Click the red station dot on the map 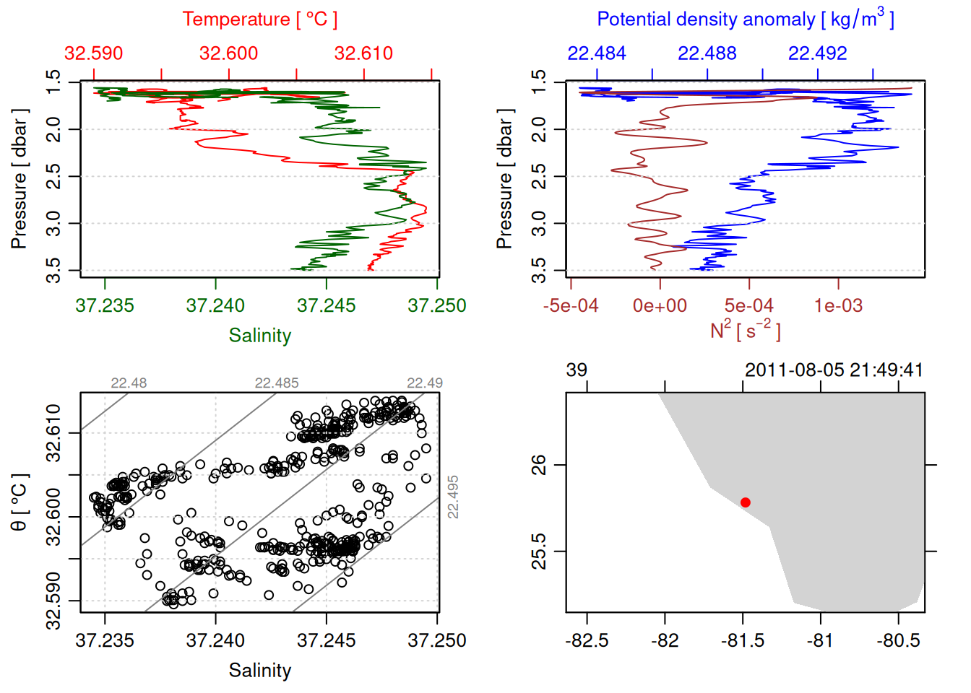[745, 502]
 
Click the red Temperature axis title [259, 19]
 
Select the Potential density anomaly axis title [745, 19]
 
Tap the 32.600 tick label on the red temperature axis [228, 53]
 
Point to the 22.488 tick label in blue [707, 53]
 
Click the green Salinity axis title [259, 336]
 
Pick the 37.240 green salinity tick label [215, 305]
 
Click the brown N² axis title [745, 330]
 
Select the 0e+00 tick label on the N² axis [660, 305]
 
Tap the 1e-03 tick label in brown [838, 305]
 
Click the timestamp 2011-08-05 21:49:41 [834, 370]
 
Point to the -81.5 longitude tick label [742, 640]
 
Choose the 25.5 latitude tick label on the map [539, 552]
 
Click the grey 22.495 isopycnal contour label [453, 497]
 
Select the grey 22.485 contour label [276, 383]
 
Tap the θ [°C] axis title [20, 502]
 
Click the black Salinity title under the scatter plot [259, 671]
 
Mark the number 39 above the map [577, 370]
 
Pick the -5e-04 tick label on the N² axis [571, 305]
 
